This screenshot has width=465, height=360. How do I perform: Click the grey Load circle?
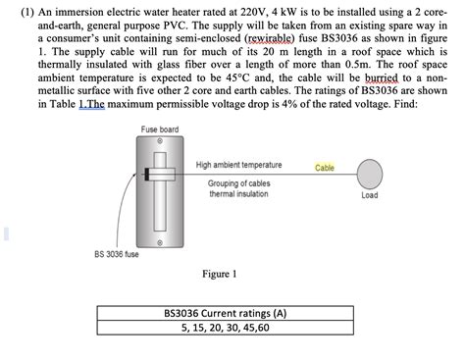coord(370,174)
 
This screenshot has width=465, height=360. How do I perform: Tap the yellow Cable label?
coord(325,167)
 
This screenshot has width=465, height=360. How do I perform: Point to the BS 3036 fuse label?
coord(117,254)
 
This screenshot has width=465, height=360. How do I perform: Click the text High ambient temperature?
coord(238,165)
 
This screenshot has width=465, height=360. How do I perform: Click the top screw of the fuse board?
coord(158,142)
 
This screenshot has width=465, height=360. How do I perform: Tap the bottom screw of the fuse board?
coord(158,240)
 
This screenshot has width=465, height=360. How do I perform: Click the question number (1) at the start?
coord(15,11)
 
